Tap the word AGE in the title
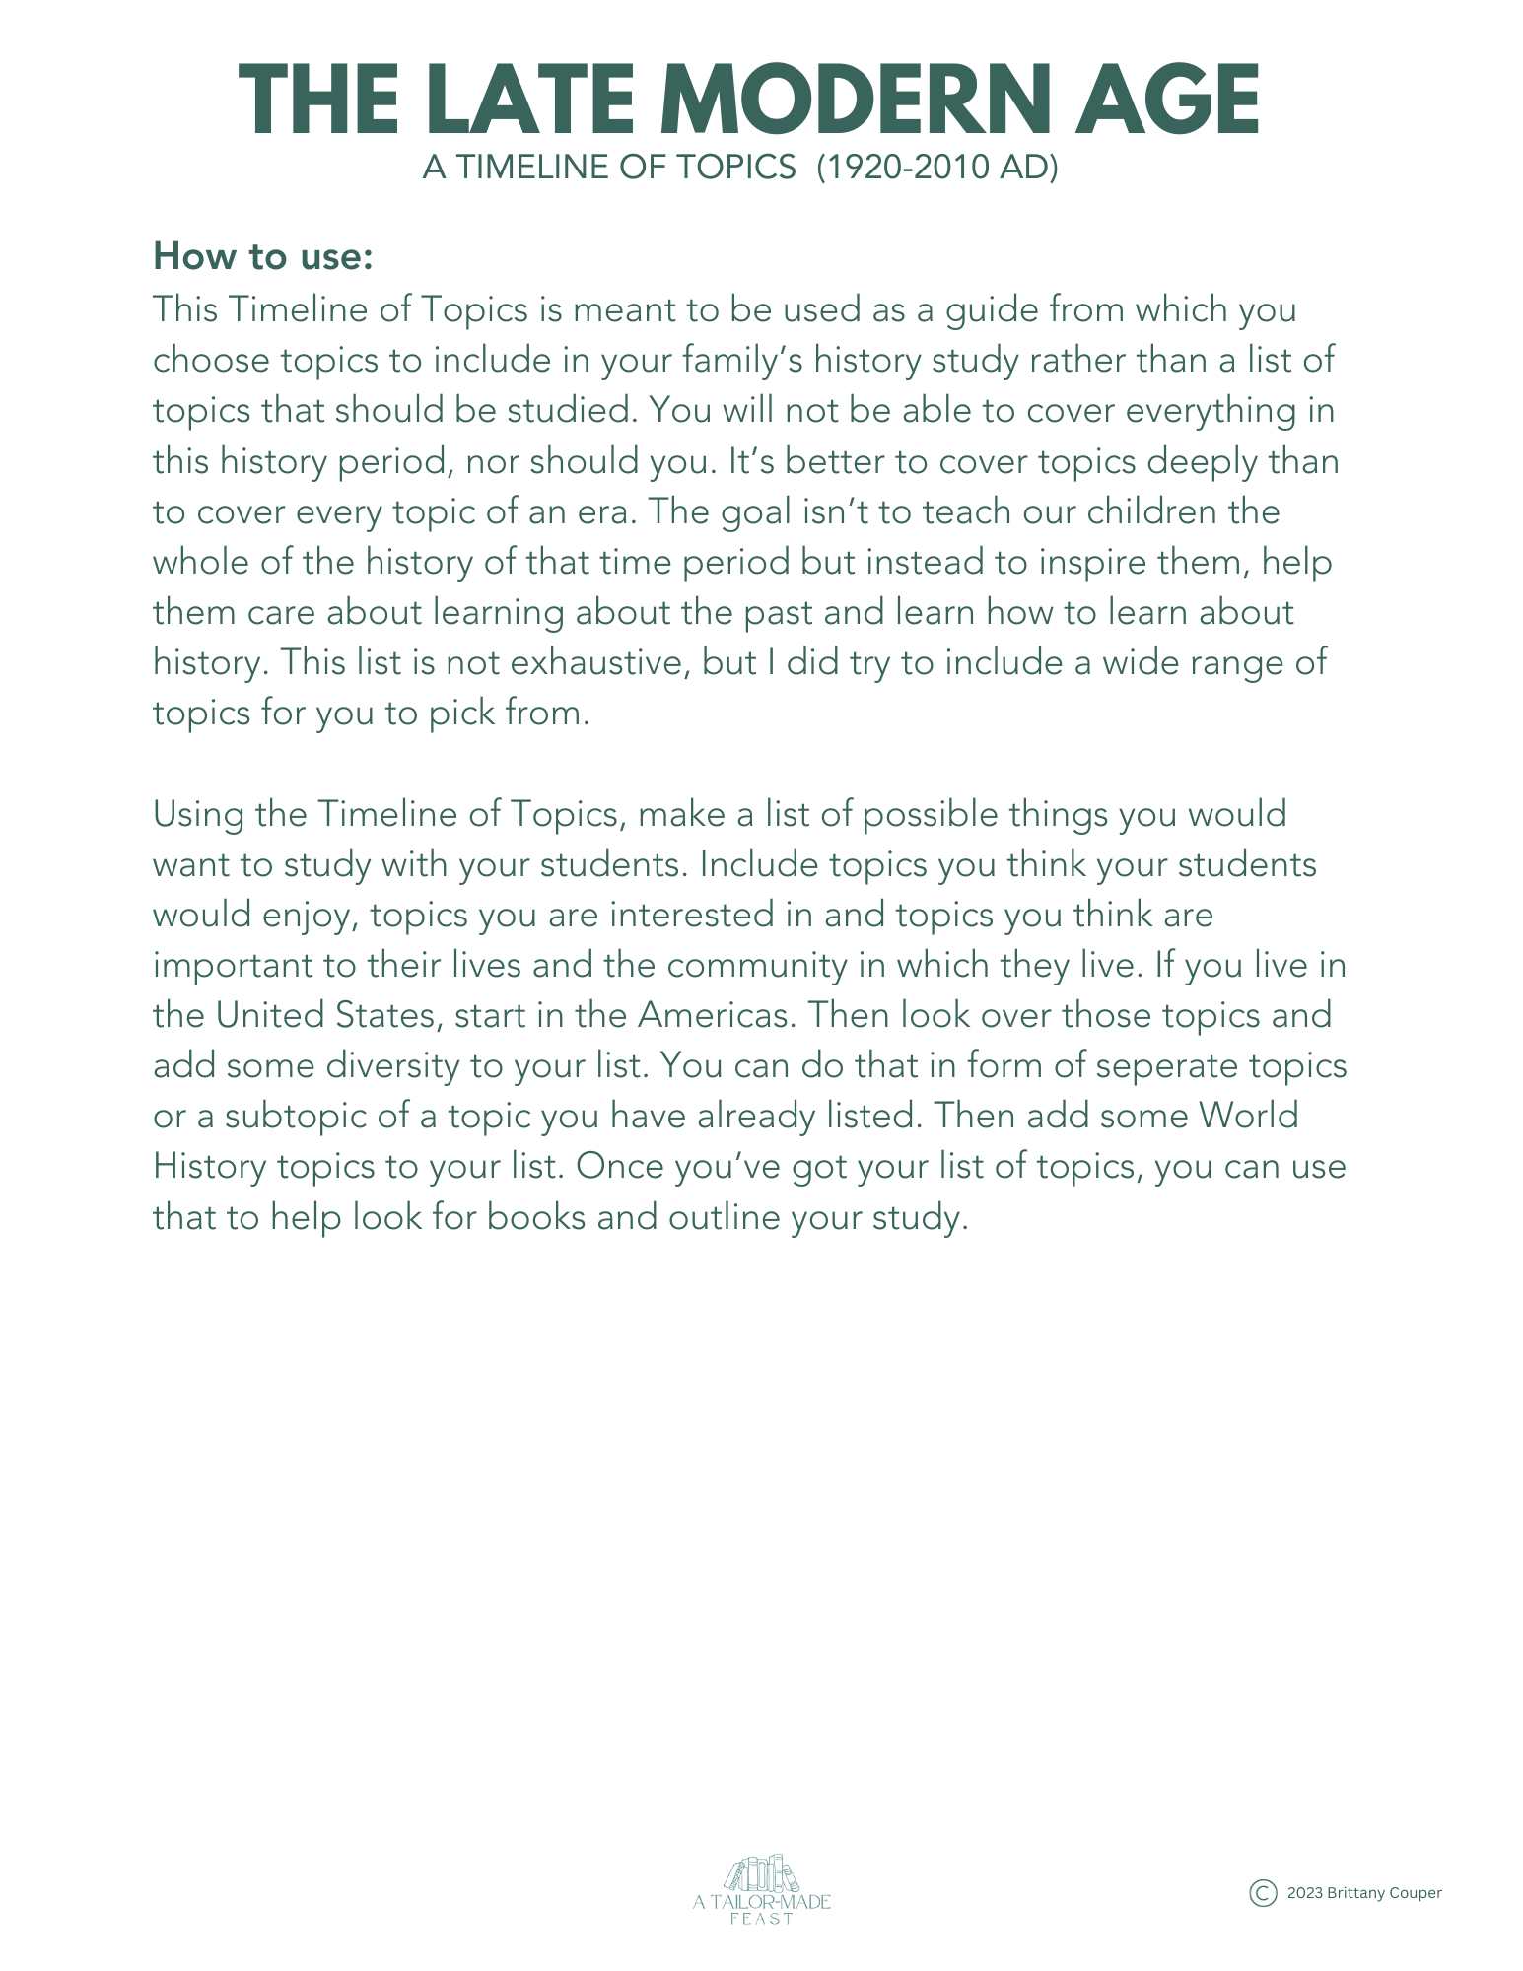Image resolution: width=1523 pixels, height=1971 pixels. [1166, 101]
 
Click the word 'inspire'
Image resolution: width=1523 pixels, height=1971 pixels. [1082, 562]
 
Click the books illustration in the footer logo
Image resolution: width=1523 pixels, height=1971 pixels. [761, 1874]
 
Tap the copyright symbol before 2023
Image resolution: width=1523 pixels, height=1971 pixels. [1263, 1893]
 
